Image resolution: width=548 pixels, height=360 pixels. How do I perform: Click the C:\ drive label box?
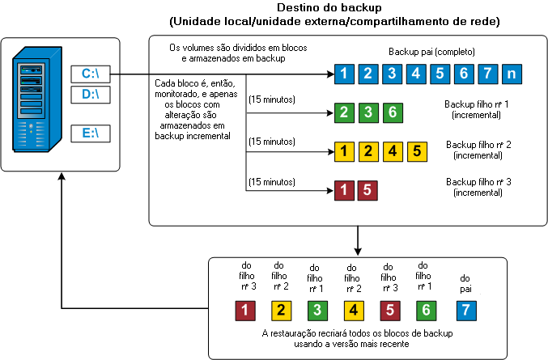(x=90, y=74)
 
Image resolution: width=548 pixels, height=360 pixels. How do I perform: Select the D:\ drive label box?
(x=90, y=95)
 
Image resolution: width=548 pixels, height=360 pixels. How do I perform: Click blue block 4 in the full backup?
(x=417, y=74)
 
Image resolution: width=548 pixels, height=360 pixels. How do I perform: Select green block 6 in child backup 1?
(x=391, y=112)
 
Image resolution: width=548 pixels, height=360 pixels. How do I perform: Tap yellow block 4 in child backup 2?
(x=391, y=150)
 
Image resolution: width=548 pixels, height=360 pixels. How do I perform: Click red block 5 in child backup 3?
(x=367, y=190)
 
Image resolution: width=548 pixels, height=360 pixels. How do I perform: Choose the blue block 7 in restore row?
(x=464, y=310)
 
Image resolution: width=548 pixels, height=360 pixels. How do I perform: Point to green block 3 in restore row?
(x=316, y=310)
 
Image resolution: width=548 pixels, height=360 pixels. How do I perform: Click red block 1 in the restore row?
(x=244, y=310)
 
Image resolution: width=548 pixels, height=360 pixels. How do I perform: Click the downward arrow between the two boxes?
(x=357, y=240)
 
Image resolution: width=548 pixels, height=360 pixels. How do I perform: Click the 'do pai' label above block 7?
(x=464, y=282)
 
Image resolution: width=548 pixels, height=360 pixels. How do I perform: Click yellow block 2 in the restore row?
(x=280, y=310)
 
